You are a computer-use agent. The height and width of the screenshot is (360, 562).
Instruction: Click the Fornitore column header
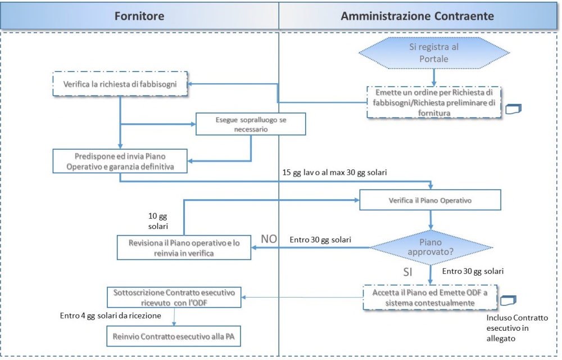[x=139, y=16]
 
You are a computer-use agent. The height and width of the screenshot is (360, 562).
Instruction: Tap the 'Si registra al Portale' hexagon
[x=434, y=53]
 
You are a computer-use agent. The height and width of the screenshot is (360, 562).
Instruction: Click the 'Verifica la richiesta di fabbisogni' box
[x=120, y=84]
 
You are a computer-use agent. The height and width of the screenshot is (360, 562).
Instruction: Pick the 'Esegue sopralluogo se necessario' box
[x=251, y=124]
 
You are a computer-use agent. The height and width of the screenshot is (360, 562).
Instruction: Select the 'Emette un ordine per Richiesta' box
[x=434, y=102]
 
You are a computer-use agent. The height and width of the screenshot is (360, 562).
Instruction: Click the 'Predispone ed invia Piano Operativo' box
[x=120, y=161]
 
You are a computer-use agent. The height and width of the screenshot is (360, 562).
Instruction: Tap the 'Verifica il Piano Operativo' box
[x=430, y=200]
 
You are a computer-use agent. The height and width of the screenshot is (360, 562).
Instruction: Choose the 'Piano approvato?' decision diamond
[x=431, y=247]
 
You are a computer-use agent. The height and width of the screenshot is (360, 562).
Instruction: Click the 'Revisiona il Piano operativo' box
[x=184, y=247]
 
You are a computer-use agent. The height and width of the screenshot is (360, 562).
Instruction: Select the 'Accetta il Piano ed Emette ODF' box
[x=430, y=298]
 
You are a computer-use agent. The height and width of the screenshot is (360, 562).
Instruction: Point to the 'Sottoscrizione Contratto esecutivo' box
[x=174, y=297]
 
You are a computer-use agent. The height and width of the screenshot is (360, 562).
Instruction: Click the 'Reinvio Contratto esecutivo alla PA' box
[x=174, y=336]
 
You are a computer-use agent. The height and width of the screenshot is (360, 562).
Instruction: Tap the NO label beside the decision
[x=269, y=239]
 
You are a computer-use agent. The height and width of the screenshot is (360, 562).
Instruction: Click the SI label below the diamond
[x=408, y=272]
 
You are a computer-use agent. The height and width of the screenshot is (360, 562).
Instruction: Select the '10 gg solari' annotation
[x=158, y=221]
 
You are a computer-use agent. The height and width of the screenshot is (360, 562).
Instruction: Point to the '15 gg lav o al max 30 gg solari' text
[x=335, y=173]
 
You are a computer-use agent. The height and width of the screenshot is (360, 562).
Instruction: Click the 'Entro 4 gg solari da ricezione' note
[x=110, y=316]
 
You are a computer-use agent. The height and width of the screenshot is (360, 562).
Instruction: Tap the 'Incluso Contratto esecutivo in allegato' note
[x=517, y=328]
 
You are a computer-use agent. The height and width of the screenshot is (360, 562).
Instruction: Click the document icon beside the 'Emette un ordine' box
[x=513, y=109]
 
